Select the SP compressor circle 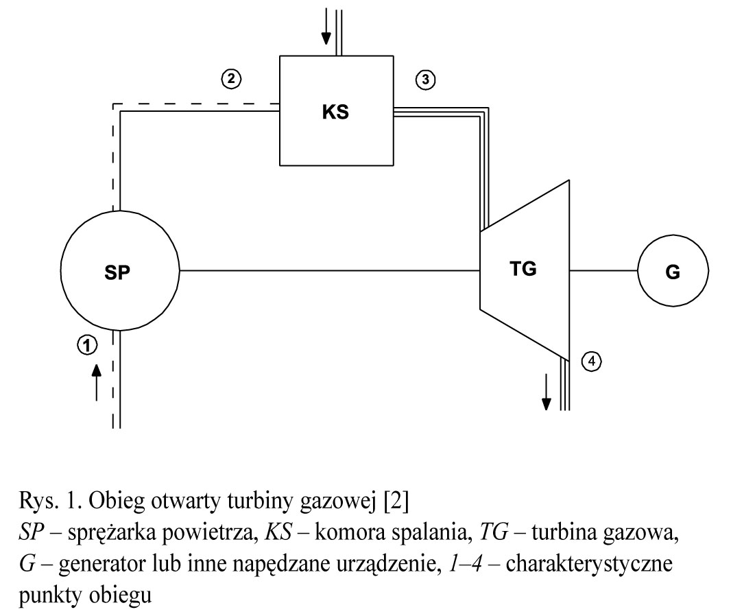[x=120, y=271]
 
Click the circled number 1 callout [x=87, y=344]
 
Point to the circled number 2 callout [x=232, y=79]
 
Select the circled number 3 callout [x=425, y=80]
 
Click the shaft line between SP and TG [x=329, y=270]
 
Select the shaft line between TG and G [x=603, y=270]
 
